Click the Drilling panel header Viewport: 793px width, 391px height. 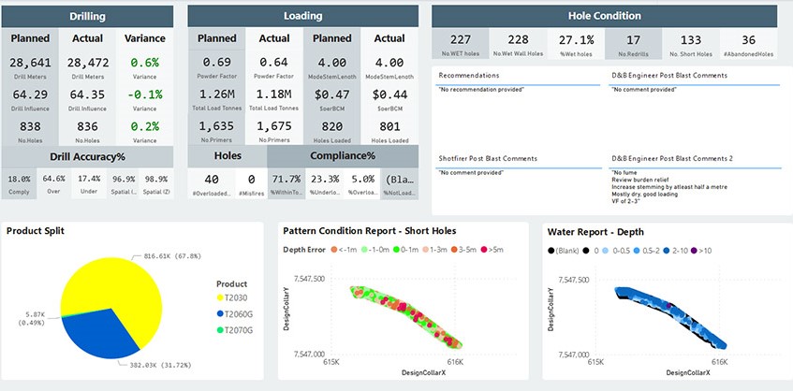86,16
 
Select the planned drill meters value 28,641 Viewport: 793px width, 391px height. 32,62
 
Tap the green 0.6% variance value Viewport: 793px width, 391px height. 144,62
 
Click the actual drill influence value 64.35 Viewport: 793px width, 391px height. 87,94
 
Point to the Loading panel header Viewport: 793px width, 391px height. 302,16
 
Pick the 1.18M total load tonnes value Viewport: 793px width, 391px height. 274,94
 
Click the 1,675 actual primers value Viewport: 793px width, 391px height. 274,126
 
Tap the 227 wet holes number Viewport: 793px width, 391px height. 461,39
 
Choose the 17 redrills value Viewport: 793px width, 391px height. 633,39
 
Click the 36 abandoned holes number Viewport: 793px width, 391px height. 748,39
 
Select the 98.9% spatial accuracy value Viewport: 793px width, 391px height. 157,179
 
